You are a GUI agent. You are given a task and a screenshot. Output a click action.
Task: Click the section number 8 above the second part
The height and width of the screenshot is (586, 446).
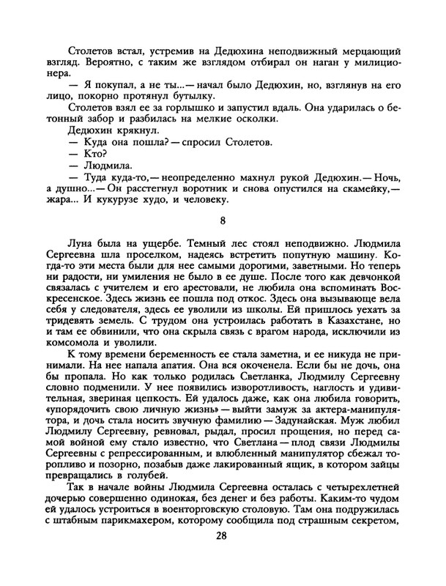point(223,220)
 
